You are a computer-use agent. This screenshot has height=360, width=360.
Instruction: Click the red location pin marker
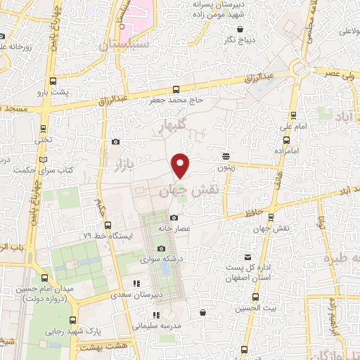click(x=181, y=165)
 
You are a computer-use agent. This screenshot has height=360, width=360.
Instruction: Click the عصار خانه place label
click(x=174, y=228)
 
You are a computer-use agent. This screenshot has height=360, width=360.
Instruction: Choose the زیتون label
click(x=225, y=169)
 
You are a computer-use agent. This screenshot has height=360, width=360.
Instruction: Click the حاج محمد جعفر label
click(x=175, y=101)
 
